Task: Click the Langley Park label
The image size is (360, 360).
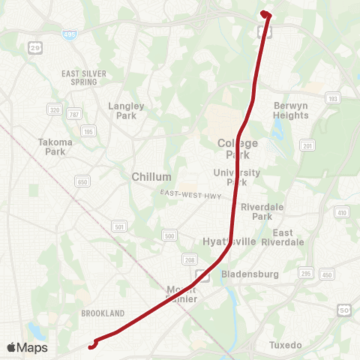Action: pos(126,110)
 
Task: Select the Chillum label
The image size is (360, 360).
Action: pos(151,176)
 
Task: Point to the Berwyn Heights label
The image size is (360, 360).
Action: pos(291,110)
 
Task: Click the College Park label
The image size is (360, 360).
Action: pos(238,148)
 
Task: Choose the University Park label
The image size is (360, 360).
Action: pos(236,177)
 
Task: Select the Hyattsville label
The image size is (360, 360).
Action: pos(229,241)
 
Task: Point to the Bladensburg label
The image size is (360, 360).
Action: pos(250,274)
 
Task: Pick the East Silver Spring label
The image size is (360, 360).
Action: pos(84,77)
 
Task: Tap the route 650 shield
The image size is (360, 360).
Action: pos(82,182)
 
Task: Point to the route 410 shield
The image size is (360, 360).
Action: pos(342,213)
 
